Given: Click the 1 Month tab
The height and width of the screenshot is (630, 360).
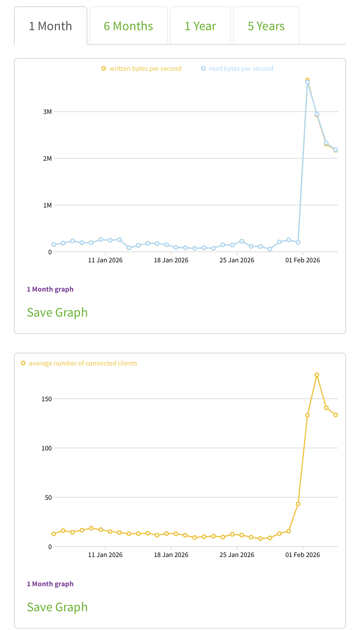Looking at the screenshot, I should pos(50,26).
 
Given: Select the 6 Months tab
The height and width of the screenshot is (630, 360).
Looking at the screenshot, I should pos(128,26).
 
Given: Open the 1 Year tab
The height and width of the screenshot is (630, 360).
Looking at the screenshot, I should pos(200,26).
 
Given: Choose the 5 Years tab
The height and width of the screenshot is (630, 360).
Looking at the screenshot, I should pos(266,26).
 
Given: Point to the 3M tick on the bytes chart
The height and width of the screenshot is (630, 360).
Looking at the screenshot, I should pos(47,111).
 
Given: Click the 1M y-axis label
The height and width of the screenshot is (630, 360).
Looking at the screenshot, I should pos(47,205).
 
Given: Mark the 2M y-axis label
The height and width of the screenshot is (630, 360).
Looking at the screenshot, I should pos(47,158).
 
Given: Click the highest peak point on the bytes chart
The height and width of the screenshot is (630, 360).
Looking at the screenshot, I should pos(307,81).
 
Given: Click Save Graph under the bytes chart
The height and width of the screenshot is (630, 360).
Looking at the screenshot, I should pos(57,312).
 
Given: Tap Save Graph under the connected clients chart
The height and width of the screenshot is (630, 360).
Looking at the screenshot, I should pos(57,607).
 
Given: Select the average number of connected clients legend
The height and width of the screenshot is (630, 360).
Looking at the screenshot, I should pos(79,363).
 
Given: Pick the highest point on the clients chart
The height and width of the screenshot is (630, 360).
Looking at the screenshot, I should pos(317,375).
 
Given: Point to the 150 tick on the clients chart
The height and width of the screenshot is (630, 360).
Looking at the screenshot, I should pos(46,399).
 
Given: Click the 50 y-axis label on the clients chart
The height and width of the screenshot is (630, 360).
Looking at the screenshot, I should pos(48,497).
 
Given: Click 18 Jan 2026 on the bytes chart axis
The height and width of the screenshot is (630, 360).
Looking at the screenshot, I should pos(171,260).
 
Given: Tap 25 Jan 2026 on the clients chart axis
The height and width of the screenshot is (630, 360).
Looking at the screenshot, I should pos(237,555).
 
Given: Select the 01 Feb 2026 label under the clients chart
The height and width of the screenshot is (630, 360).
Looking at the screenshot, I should pos(303,555).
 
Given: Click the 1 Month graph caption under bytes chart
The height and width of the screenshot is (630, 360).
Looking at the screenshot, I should pos(50,289).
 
